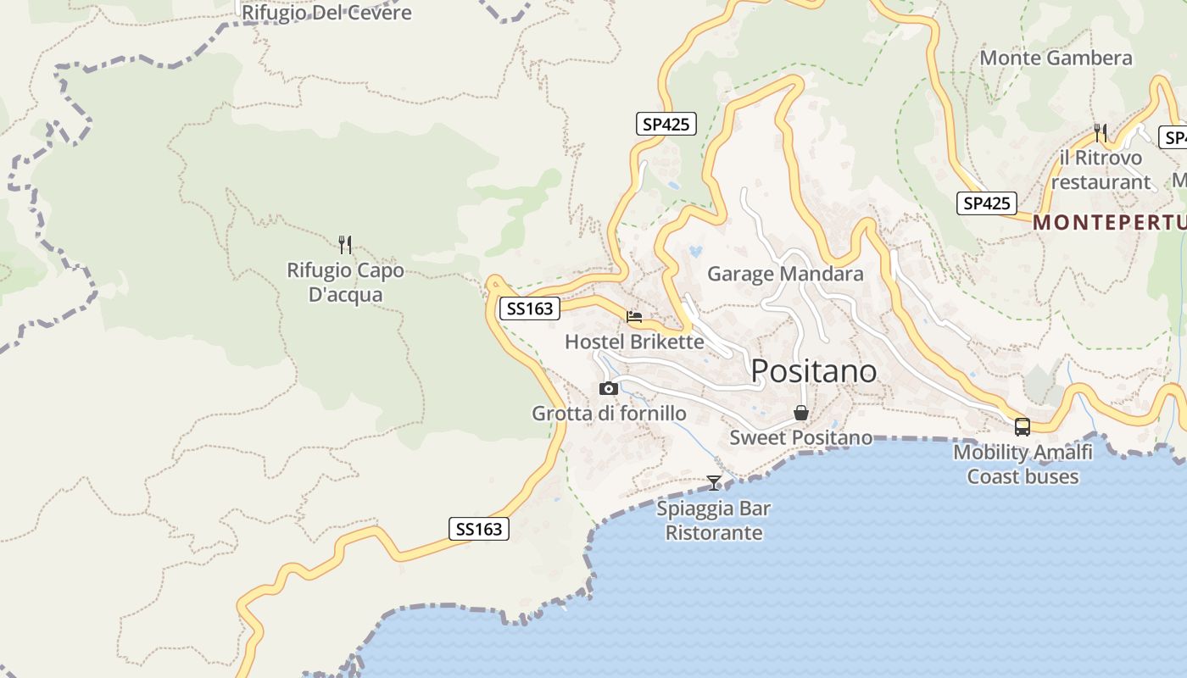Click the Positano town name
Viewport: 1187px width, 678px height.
pyautogui.click(x=813, y=371)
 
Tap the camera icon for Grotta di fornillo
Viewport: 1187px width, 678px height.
pyautogui.click(x=608, y=389)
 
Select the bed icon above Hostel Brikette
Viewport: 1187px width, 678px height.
pyautogui.click(x=634, y=317)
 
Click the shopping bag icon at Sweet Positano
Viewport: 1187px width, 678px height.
pyautogui.click(x=800, y=414)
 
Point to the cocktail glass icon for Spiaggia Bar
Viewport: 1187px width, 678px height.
pyautogui.click(x=714, y=483)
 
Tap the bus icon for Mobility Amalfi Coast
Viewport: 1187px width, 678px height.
pyautogui.click(x=1023, y=427)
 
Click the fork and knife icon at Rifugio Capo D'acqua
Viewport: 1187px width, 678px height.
pyautogui.click(x=345, y=245)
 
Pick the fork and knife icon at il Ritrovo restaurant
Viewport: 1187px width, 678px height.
pyautogui.click(x=1101, y=132)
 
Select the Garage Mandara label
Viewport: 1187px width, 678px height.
pyautogui.click(x=785, y=274)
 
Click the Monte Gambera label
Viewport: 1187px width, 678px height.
pyautogui.click(x=1056, y=58)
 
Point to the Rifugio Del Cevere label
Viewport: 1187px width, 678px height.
pyautogui.click(x=326, y=13)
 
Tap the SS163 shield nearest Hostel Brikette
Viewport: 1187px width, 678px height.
pyautogui.click(x=530, y=308)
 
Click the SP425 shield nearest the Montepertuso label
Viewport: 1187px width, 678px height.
pyautogui.click(x=987, y=203)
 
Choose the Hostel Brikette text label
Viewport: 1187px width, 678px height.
pyautogui.click(x=634, y=342)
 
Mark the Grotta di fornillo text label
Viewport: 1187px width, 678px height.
pyautogui.click(x=609, y=414)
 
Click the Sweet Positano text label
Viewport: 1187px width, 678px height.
pyautogui.click(x=800, y=437)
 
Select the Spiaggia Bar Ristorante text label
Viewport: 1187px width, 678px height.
pyautogui.click(x=714, y=520)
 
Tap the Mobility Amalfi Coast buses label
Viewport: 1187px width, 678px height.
pyautogui.click(x=1023, y=464)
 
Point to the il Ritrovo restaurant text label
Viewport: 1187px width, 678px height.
pyautogui.click(x=1101, y=169)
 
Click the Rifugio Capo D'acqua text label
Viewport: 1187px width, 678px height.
pyautogui.click(x=345, y=282)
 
